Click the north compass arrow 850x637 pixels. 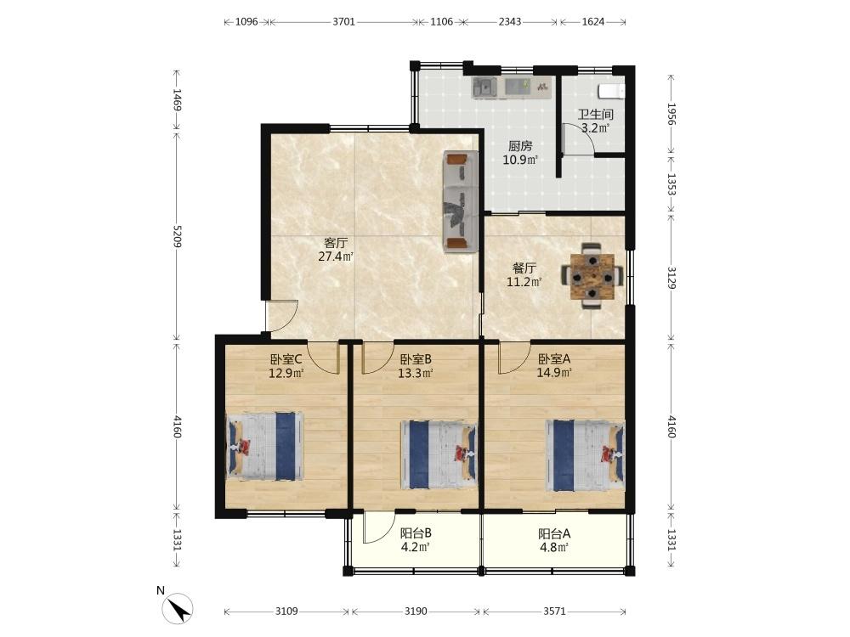point(178,608)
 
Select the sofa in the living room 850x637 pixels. point(461,201)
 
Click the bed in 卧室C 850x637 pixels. point(264,447)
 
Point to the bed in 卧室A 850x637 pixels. point(586,455)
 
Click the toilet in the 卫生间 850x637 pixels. point(611,91)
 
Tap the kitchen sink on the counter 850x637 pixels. point(484,87)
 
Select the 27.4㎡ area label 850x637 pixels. point(336,256)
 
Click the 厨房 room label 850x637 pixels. point(520,146)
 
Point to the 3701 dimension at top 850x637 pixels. point(343,22)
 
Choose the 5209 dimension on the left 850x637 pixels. point(177,236)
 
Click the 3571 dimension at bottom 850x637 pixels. point(554,612)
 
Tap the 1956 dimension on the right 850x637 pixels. point(671,114)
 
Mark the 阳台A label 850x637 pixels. point(554,533)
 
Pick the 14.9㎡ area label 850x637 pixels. point(554,373)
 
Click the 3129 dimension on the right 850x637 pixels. point(671,278)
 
